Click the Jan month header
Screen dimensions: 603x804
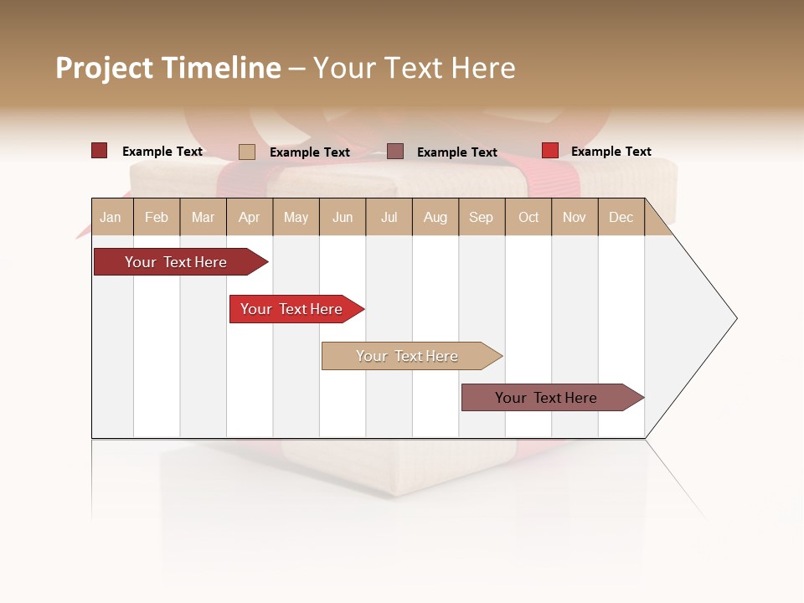tap(111, 217)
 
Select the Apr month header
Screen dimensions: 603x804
tap(249, 217)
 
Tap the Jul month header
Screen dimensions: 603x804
tap(389, 217)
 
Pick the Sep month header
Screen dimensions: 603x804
tap(481, 217)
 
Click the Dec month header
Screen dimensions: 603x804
tap(621, 217)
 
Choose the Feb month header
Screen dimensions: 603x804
tap(157, 217)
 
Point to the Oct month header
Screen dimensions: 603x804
tap(528, 217)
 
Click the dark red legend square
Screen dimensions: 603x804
tap(99, 151)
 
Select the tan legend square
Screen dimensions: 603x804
tap(246, 152)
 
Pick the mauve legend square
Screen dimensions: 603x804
tap(395, 152)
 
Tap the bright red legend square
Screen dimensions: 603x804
tap(549, 151)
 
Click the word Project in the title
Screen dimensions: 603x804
tap(105, 68)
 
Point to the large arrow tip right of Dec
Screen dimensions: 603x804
tap(703, 318)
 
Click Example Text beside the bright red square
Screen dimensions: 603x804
tap(611, 152)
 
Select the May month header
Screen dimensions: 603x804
tap(296, 217)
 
